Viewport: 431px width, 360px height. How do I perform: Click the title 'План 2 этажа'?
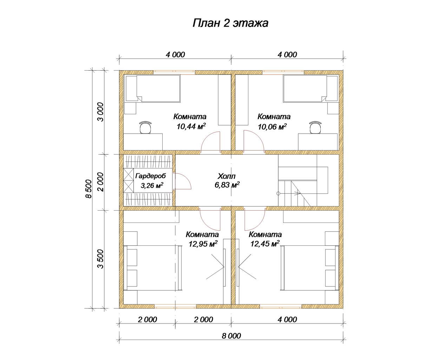(230, 23)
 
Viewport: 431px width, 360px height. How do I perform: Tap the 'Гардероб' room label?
(150, 176)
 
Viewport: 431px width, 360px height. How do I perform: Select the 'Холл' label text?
(227, 176)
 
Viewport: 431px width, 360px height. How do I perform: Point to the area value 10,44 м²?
(191, 126)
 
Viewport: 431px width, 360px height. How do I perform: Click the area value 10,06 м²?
(272, 126)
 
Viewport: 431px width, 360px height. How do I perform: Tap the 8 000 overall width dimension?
(231, 336)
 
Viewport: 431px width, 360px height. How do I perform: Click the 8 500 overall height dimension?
(89, 189)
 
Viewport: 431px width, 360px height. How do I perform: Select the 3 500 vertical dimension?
(101, 259)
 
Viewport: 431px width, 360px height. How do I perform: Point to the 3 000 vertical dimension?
(101, 112)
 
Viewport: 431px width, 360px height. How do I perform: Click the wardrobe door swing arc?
(187, 178)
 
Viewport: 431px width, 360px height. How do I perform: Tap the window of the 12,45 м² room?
(281, 306)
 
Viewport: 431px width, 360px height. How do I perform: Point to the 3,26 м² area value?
(152, 185)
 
